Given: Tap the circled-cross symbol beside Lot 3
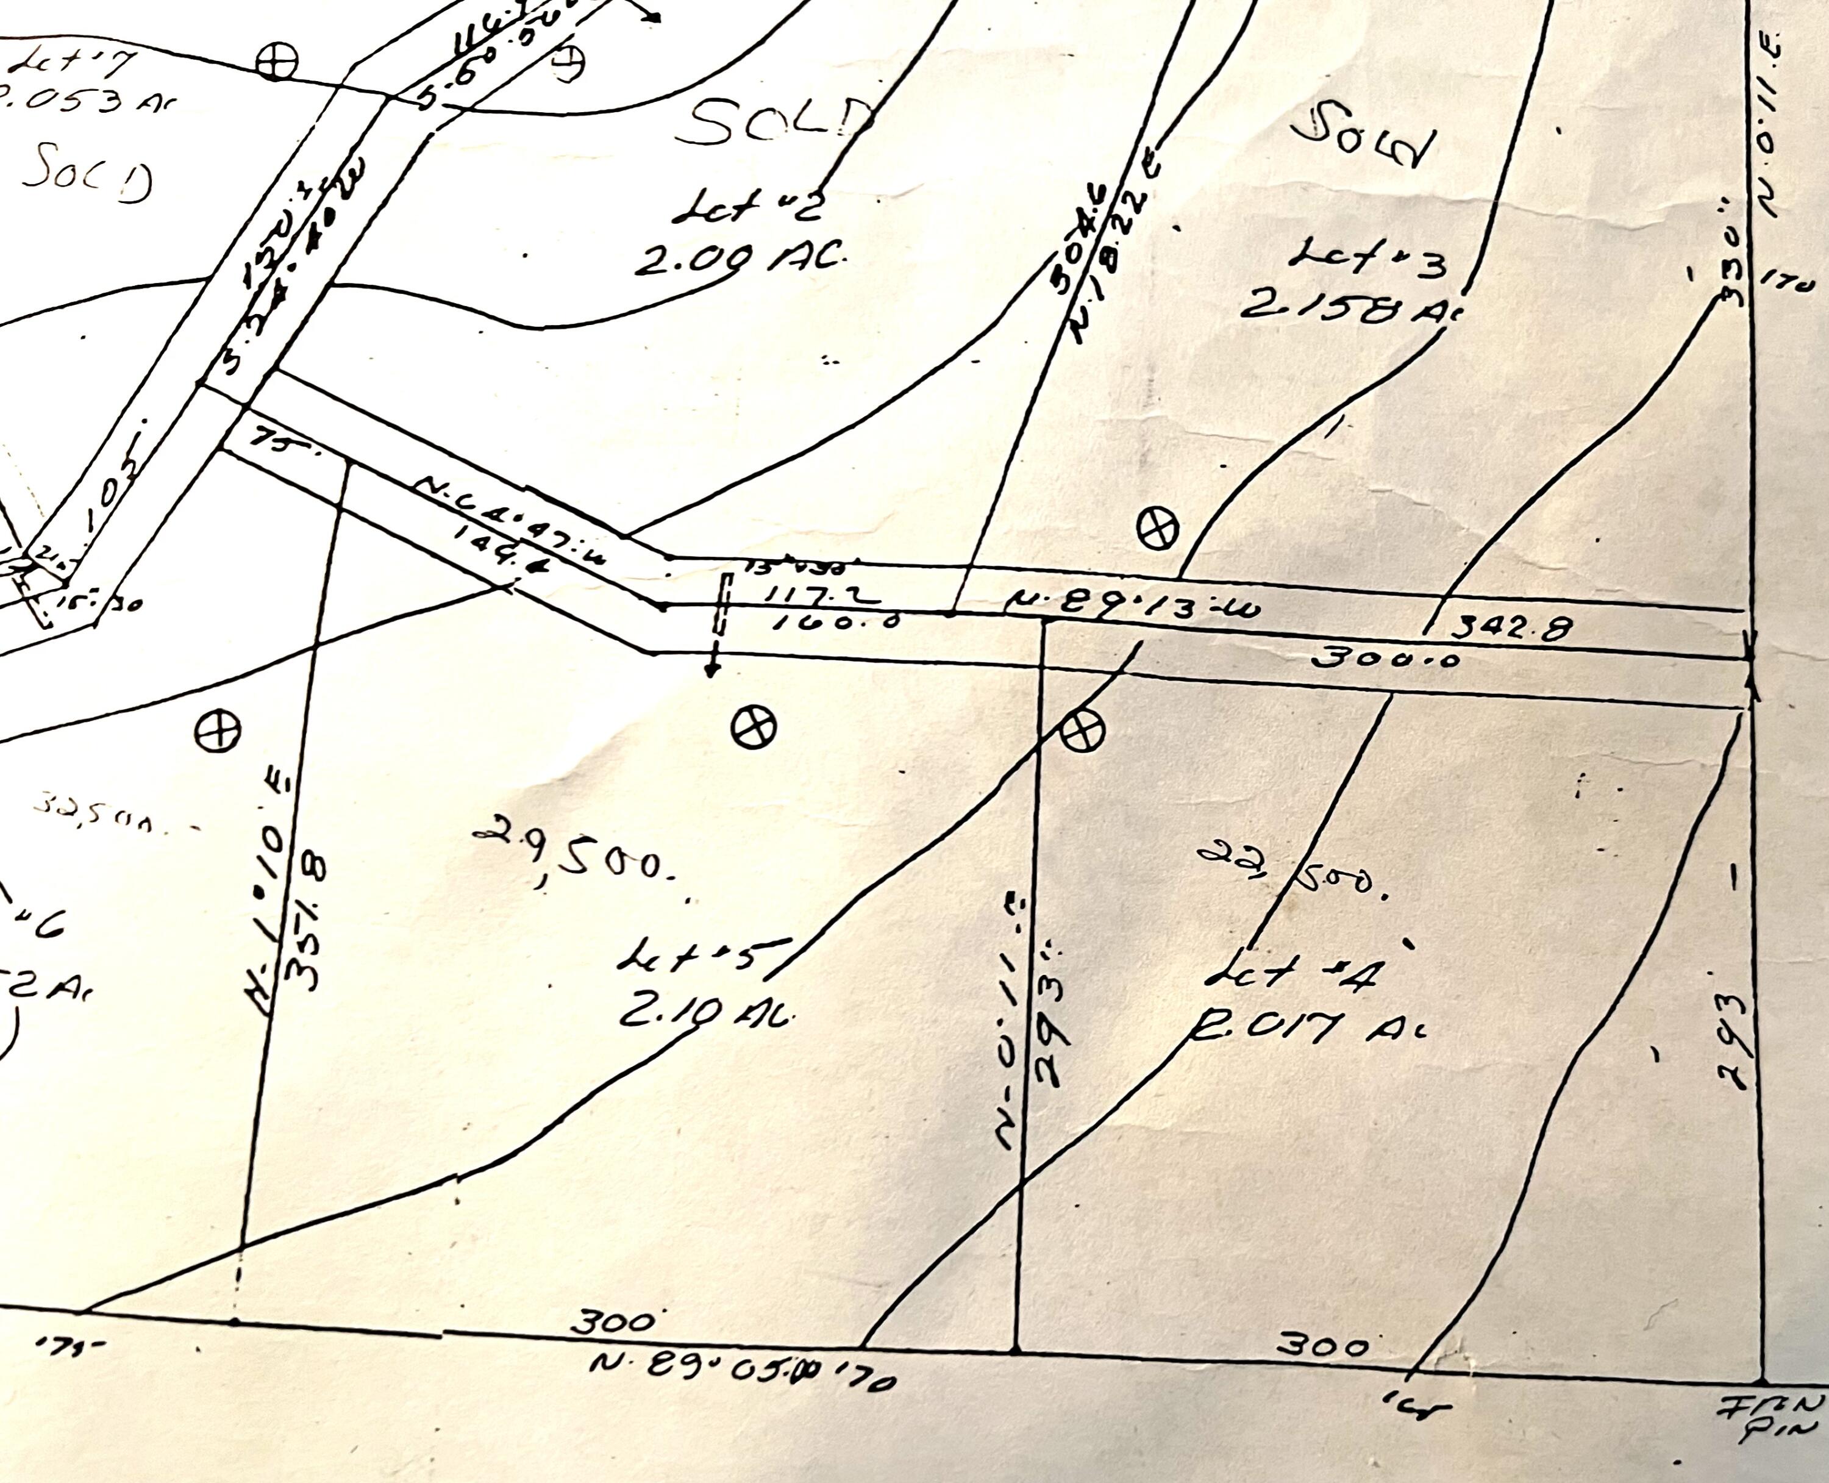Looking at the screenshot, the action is click(x=1157, y=526).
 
